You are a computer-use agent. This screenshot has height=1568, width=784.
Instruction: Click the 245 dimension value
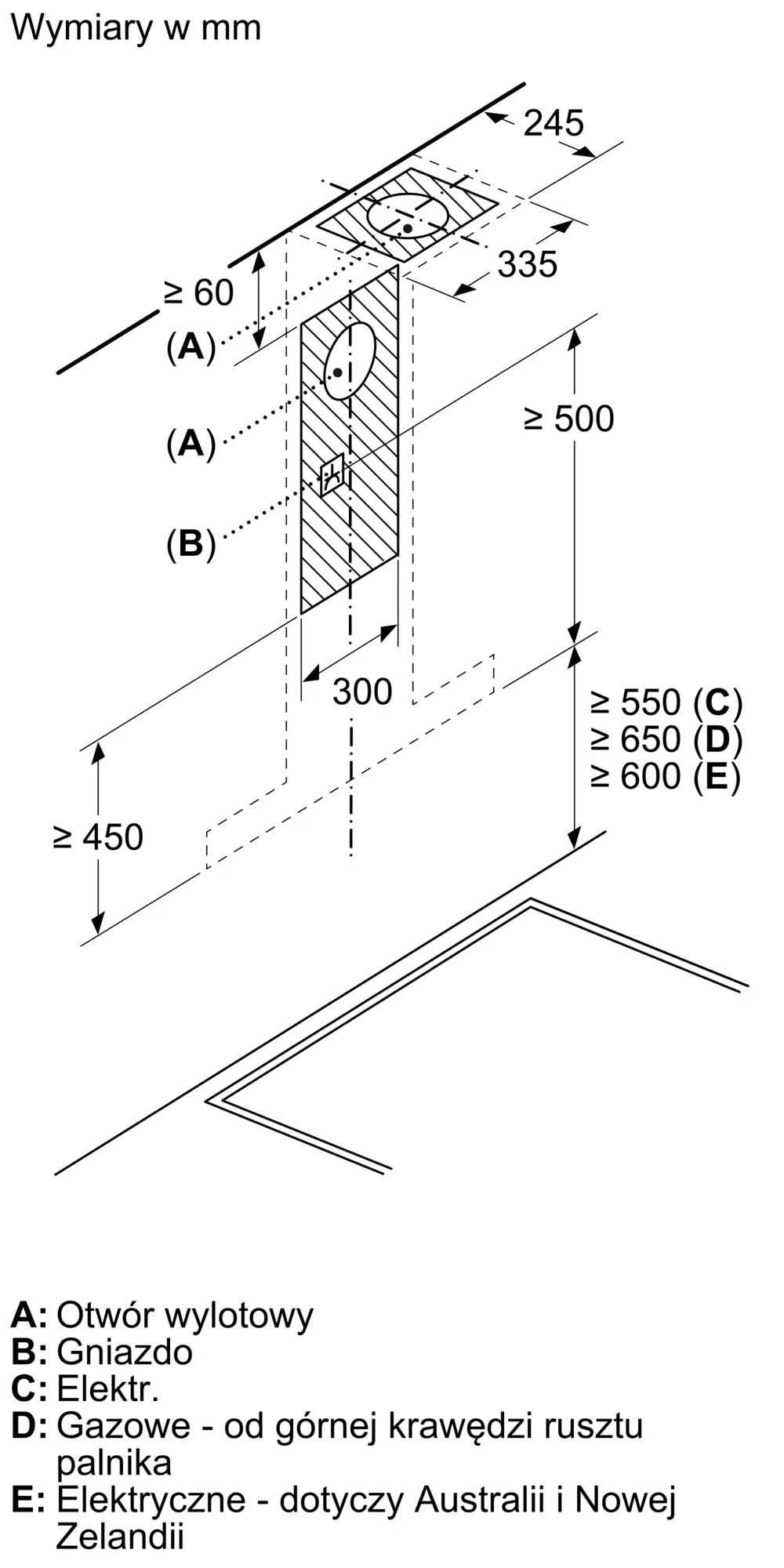tap(554, 123)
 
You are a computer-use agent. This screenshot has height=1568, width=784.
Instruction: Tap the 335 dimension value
tap(528, 264)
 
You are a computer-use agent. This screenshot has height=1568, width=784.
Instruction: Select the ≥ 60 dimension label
tap(199, 293)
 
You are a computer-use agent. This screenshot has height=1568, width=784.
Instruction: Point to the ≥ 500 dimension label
tap(569, 419)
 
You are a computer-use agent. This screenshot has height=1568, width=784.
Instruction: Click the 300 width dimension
tap(361, 691)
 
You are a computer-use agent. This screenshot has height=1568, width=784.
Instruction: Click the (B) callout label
tap(191, 543)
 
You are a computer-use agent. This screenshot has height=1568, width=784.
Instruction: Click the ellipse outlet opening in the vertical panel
tap(350, 361)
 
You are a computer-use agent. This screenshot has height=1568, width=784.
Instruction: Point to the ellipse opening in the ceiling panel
tap(408, 215)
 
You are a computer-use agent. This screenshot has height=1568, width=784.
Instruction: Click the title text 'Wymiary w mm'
tap(136, 28)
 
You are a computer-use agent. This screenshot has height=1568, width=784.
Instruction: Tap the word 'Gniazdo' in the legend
tap(125, 1352)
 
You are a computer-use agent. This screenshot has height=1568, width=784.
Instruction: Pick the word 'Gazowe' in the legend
tap(123, 1426)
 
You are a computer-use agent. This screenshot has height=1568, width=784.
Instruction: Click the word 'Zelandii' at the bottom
tap(119, 1537)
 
